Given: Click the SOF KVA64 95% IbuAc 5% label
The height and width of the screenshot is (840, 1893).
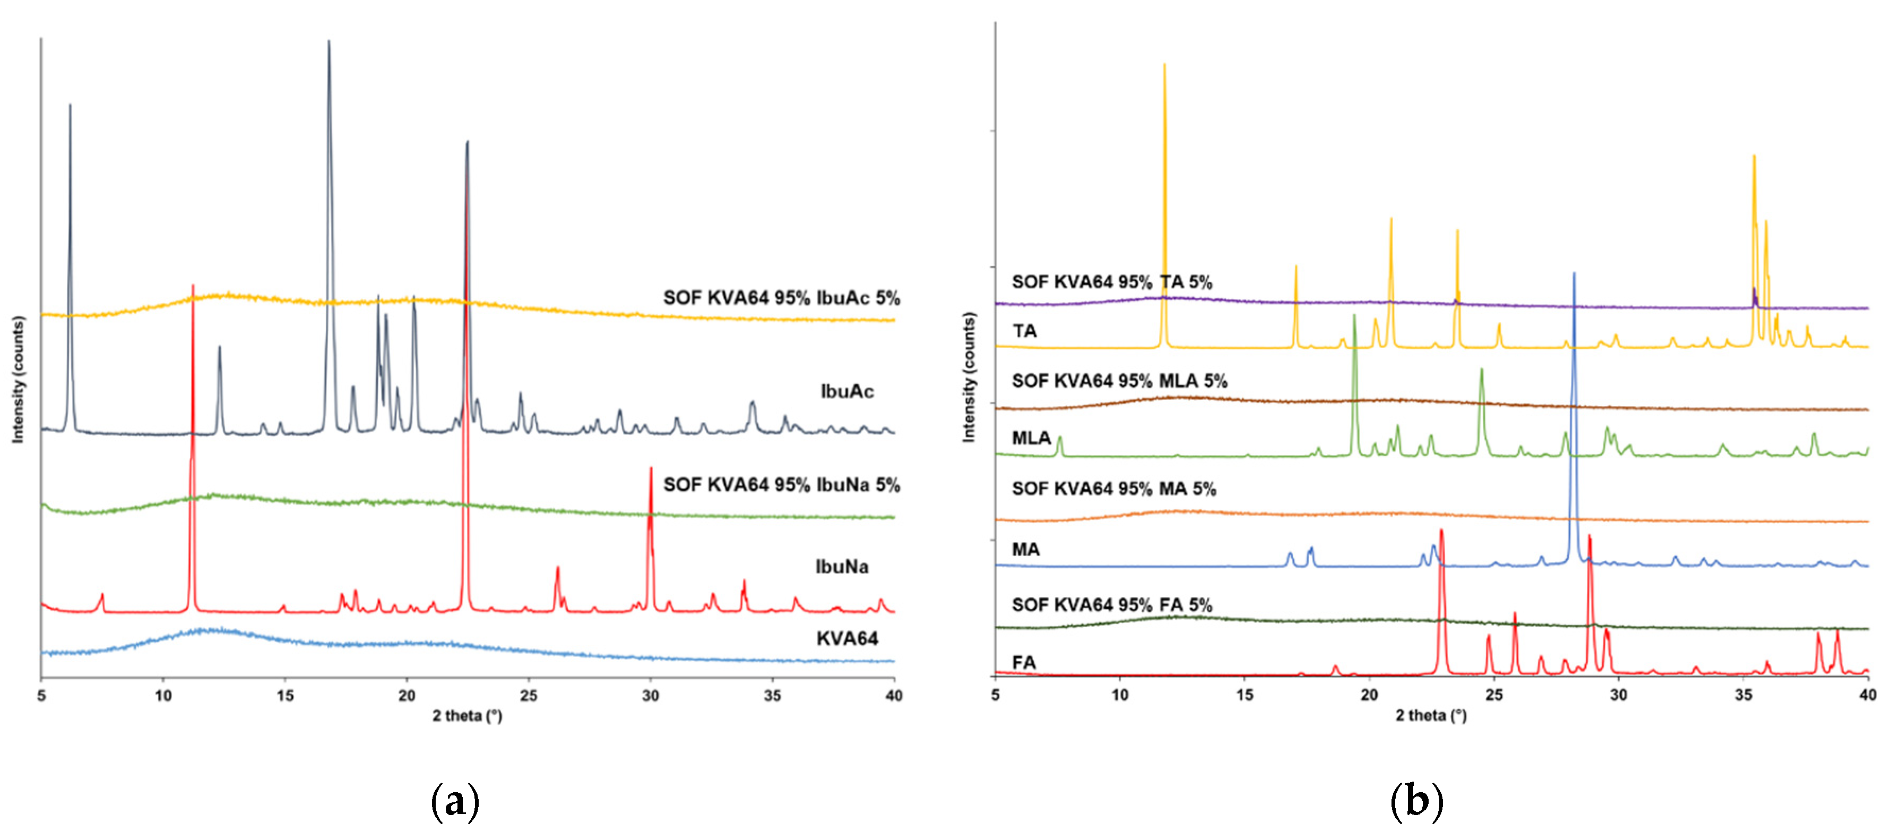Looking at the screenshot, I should [781, 298].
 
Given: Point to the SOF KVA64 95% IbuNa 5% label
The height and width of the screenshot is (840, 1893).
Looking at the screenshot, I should [781, 484].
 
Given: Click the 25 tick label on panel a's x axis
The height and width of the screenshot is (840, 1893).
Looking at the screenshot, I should [529, 695].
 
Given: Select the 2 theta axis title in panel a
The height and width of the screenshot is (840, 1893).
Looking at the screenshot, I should [468, 715].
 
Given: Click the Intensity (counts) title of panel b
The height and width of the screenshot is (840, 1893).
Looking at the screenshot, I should [969, 377].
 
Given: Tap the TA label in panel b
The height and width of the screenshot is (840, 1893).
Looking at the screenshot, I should [1024, 332].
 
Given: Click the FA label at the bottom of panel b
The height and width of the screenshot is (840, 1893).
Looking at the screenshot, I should [1024, 662].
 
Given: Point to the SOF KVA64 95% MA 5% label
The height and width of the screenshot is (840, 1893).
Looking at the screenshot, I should [1113, 489].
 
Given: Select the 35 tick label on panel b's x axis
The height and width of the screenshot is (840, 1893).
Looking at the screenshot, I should [1743, 695].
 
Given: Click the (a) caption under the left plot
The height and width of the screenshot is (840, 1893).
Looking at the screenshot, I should [455, 801].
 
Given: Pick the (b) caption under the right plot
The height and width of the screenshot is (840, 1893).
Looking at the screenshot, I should [1416, 801].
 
